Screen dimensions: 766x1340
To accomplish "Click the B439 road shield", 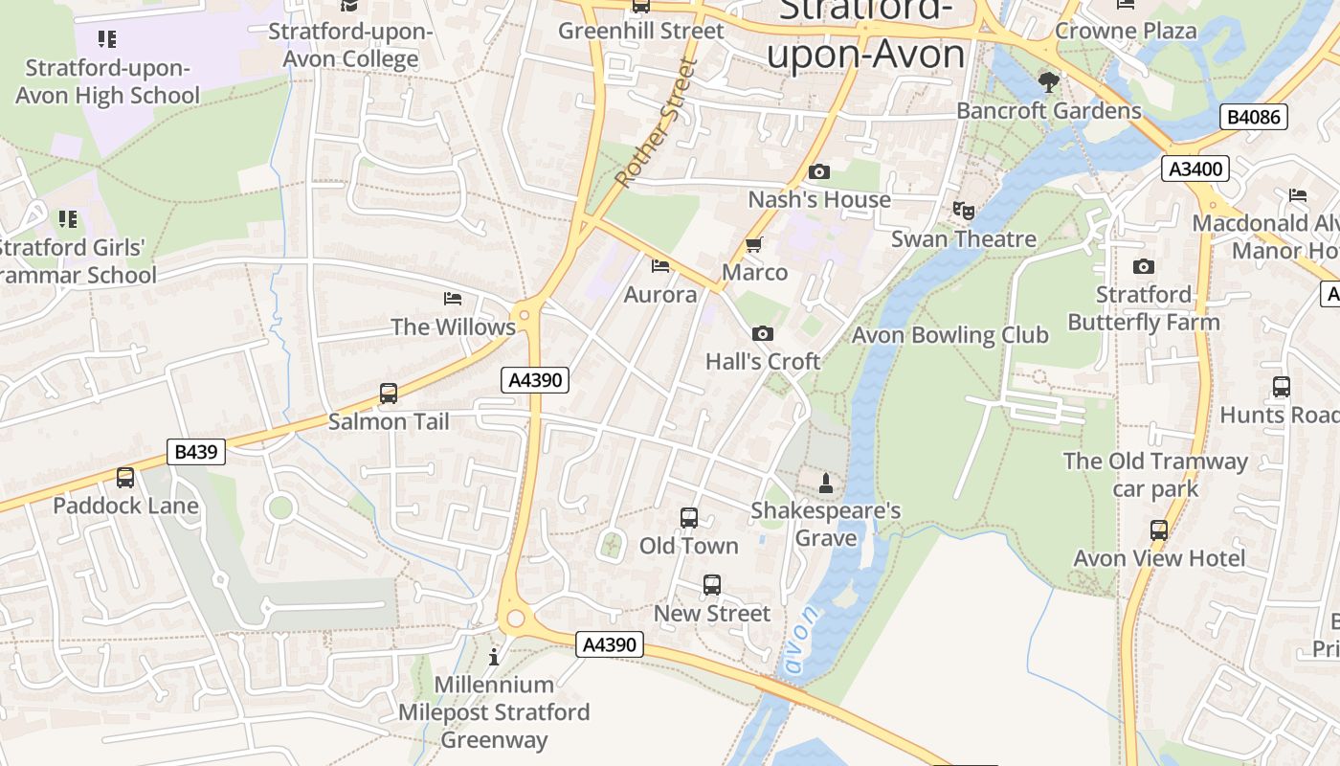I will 196,451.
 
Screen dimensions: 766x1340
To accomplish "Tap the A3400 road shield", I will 1195,169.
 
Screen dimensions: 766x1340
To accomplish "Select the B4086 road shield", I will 1254,118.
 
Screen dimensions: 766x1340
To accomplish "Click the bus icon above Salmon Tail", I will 389,394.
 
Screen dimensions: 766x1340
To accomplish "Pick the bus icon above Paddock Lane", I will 125,478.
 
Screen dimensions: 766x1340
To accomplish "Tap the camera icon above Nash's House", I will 819,172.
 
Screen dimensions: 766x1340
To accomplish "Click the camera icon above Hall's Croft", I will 763,334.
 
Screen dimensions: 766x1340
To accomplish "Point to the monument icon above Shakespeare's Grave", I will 826,484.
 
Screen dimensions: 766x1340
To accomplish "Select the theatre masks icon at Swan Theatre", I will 963,211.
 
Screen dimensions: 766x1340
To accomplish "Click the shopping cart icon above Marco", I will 754,245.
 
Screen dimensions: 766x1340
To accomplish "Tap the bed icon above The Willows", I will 453,300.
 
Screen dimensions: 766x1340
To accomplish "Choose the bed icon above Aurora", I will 659,266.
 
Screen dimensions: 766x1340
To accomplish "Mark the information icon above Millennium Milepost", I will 494,657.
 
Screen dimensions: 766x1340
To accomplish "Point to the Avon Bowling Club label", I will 949,335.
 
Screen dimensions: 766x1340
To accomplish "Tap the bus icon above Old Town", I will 689,518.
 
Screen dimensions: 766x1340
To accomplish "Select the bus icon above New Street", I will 712,585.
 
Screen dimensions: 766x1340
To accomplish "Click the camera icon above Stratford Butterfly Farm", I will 1144,267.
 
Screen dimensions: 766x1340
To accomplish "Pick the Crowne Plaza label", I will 1126,31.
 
